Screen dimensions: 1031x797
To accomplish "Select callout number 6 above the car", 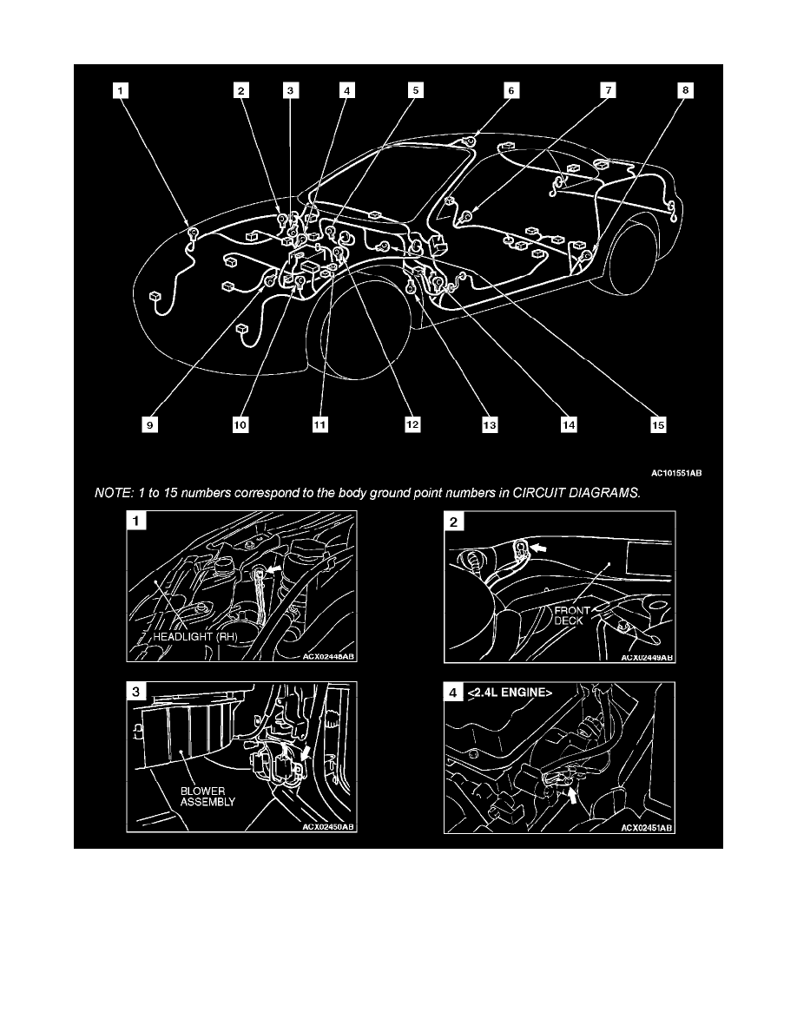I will [x=510, y=89].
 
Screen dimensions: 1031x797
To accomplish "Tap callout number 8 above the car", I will [x=686, y=89].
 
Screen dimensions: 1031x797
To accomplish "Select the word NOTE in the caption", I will [x=111, y=493].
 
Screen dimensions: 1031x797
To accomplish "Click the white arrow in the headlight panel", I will [x=273, y=568].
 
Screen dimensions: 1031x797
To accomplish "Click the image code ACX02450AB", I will [x=329, y=828].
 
